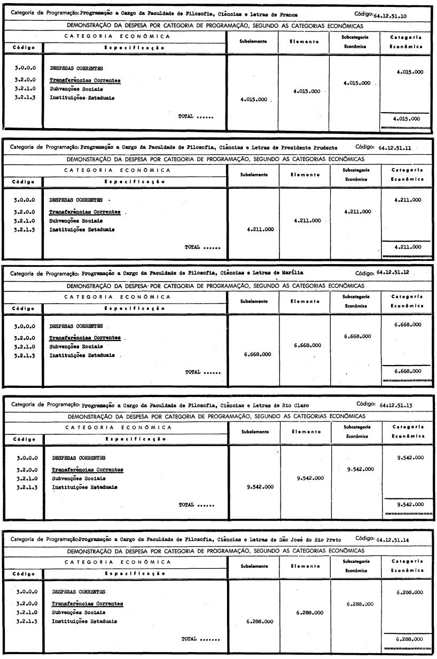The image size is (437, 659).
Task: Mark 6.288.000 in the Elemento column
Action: tap(309, 612)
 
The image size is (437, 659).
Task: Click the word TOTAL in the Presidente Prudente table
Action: tap(192, 247)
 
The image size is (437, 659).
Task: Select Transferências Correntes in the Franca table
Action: tap(84, 81)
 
